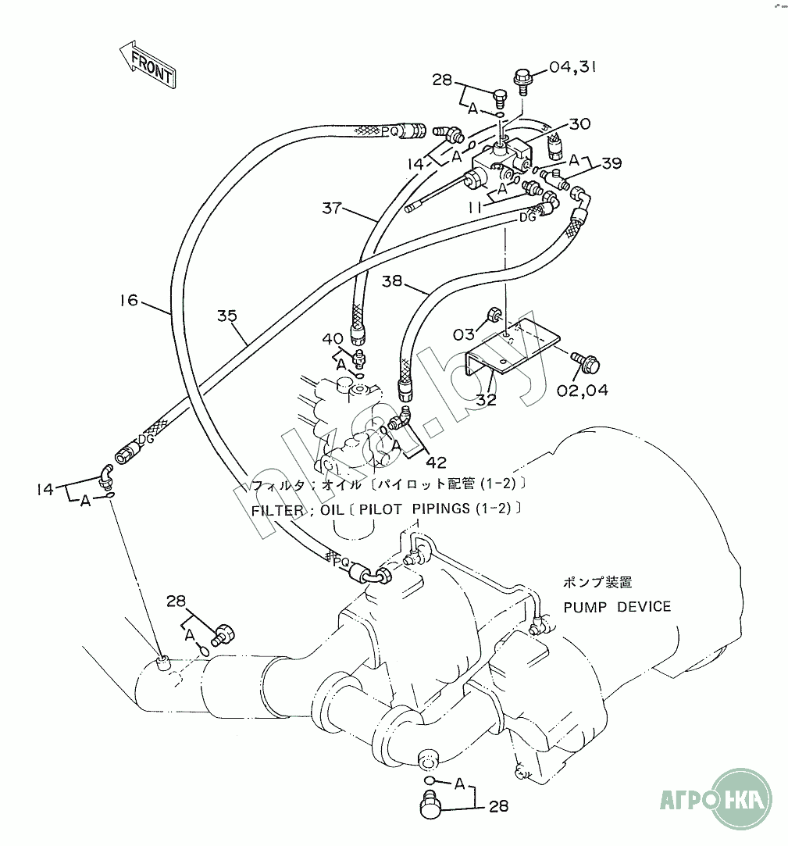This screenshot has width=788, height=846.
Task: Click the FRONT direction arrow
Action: pyautogui.click(x=148, y=65)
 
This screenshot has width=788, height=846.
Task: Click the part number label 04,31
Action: pyautogui.click(x=572, y=68)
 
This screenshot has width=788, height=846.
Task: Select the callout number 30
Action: pyautogui.click(x=579, y=123)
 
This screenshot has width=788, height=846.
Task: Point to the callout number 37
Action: pyautogui.click(x=332, y=208)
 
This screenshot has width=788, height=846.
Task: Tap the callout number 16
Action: pyautogui.click(x=129, y=299)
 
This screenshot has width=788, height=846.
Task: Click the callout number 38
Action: pyautogui.click(x=393, y=280)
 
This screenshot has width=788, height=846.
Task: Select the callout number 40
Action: pyautogui.click(x=332, y=337)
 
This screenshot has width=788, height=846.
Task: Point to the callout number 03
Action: pyautogui.click(x=464, y=334)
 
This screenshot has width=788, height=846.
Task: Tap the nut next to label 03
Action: pyautogui.click(x=494, y=315)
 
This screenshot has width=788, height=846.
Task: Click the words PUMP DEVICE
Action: pyautogui.click(x=617, y=606)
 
